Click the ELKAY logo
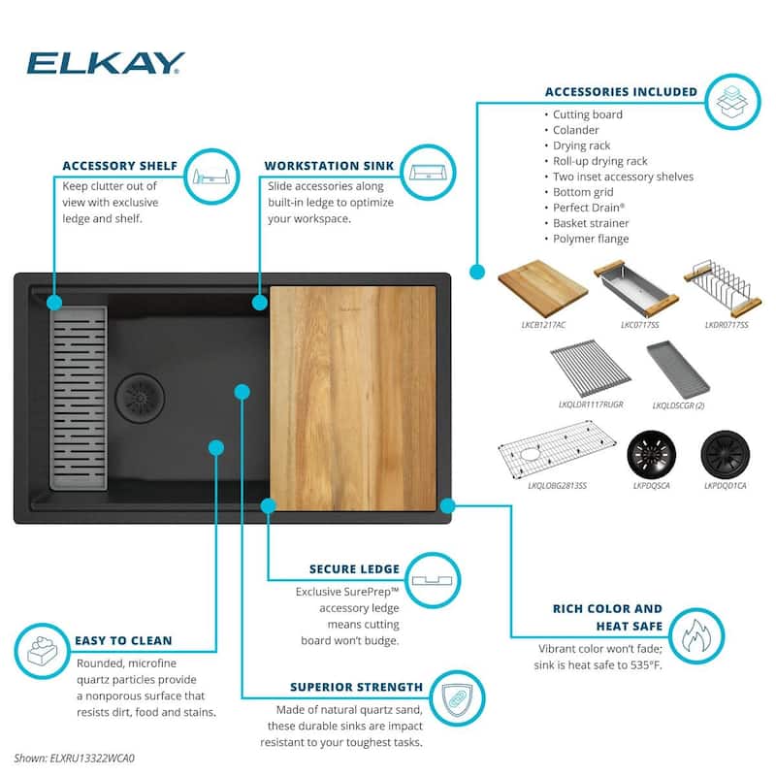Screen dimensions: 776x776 (x=105, y=63)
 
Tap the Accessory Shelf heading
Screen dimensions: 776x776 (x=119, y=166)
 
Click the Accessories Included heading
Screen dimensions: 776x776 (x=621, y=92)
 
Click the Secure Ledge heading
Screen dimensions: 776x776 (x=354, y=569)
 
